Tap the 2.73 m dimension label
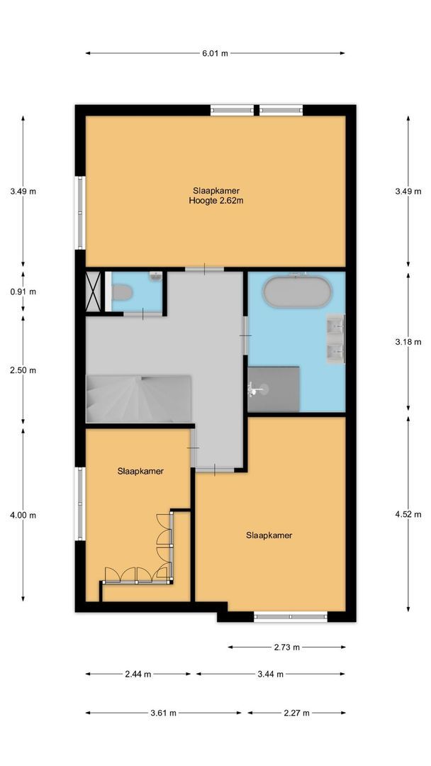click(x=286, y=647)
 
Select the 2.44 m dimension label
click(x=138, y=675)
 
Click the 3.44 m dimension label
click(x=270, y=675)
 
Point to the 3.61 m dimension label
click(x=163, y=713)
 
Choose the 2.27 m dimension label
click(x=296, y=713)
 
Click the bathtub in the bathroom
click(x=296, y=292)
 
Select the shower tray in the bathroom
click(x=274, y=389)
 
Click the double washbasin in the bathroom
click(x=335, y=339)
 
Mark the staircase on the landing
click(x=138, y=399)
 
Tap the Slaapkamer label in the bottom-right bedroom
click(x=269, y=535)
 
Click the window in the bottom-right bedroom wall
click(x=291, y=616)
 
